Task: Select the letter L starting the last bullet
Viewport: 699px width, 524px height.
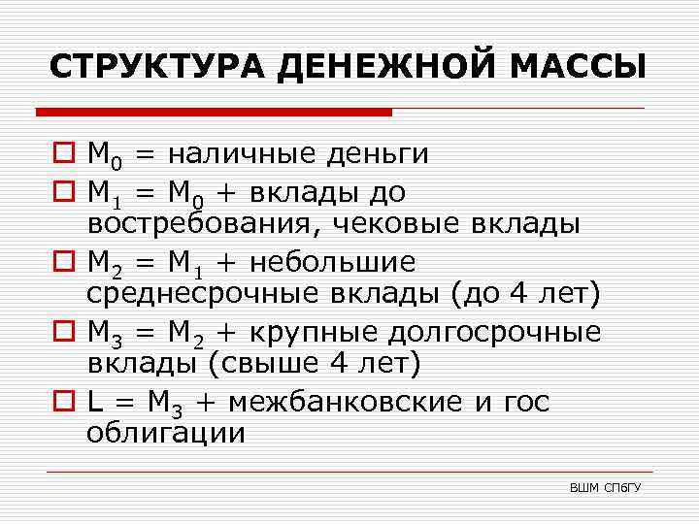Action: click(94, 401)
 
